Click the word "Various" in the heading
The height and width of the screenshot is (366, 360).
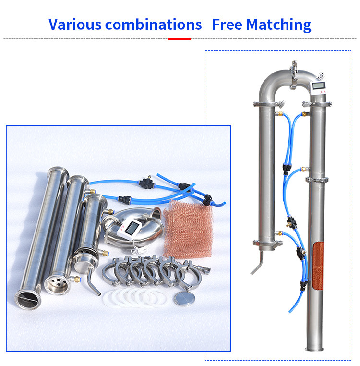click(x=75, y=24)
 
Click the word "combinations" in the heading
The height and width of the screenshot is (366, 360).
click(x=153, y=24)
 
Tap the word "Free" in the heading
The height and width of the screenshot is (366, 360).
click(x=227, y=24)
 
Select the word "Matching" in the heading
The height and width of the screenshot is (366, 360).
click(x=279, y=25)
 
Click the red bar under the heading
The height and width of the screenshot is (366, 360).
click(x=179, y=39)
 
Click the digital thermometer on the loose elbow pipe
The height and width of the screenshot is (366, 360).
click(x=130, y=229)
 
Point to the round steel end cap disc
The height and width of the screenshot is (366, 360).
click(x=184, y=298)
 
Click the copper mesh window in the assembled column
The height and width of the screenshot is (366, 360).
click(x=318, y=266)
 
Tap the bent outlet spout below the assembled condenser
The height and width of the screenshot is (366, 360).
click(x=257, y=263)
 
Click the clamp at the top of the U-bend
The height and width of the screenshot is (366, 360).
click(x=293, y=74)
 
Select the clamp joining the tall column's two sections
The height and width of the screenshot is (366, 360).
click(x=317, y=180)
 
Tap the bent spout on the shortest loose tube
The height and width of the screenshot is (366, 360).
click(x=93, y=281)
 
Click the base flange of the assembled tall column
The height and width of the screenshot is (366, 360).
click(x=315, y=349)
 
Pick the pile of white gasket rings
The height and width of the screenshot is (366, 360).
click(x=135, y=297)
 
